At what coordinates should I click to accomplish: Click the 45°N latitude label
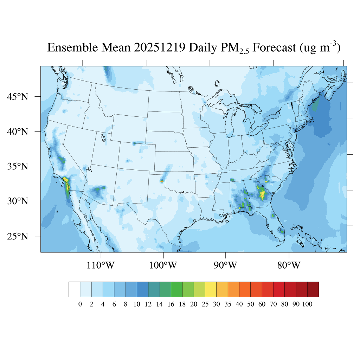(x=18, y=97)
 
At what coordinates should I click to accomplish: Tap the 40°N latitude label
(x=18, y=132)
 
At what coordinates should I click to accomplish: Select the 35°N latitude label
(x=18, y=166)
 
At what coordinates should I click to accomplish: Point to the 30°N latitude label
(x=18, y=201)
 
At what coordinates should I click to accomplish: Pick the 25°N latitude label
(x=18, y=236)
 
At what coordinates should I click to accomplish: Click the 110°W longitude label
(x=101, y=265)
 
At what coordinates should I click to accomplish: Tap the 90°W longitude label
(x=225, y=265)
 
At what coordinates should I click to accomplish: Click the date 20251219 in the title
(x=160, y=48)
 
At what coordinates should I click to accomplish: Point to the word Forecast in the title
(x=275, y=48)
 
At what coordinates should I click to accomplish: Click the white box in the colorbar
(x=74, y=289)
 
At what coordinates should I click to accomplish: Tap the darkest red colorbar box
(x=313, y=289)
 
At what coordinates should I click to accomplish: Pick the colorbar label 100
(x=307, y=304)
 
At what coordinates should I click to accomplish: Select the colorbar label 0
(x=80, y=304)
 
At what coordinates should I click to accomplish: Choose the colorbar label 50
(x=250, y=304)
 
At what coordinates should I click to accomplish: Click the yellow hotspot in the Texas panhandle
(x=162, y=181)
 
